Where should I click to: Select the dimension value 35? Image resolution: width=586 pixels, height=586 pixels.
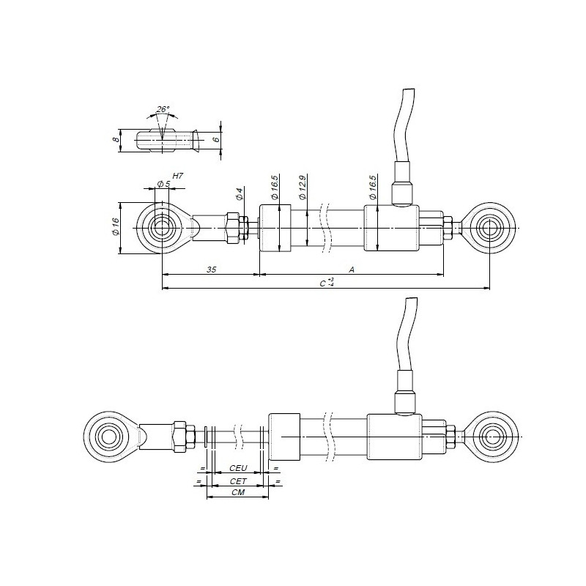[211, 270]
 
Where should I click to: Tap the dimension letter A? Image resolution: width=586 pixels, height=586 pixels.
[352, 270]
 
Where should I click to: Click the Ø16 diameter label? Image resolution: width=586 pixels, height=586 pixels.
[116, 227]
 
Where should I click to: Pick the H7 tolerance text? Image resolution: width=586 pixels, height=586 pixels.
[177, 177]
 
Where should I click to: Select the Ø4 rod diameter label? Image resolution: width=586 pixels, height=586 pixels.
[240, 196]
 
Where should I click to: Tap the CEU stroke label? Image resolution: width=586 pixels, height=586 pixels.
[238, 467]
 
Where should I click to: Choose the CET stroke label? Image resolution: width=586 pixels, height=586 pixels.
[238, 481]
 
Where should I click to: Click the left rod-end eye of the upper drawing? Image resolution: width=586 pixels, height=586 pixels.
[160, 228]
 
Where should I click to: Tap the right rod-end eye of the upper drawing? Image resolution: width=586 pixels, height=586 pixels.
[489, 228]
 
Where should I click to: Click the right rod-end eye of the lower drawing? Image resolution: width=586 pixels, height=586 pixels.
[489, 437]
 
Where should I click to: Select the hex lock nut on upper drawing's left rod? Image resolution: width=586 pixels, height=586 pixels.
[234, 228]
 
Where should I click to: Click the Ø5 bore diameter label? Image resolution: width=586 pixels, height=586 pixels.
[163, 184]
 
